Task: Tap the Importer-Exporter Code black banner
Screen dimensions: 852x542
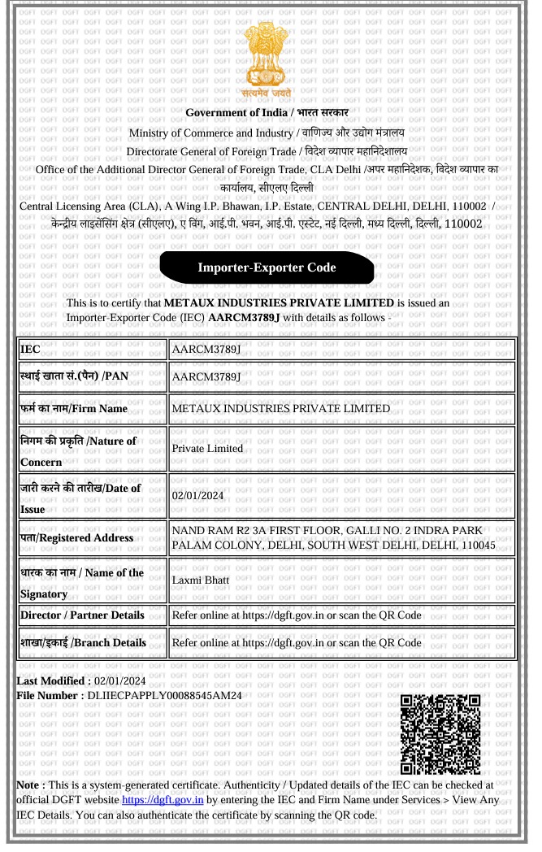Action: tap(267, 267)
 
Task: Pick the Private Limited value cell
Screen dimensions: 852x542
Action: tap(207, 448)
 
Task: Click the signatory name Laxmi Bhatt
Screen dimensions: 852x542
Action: tap(201, 580)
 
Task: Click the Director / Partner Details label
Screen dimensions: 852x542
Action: tap(81, 615)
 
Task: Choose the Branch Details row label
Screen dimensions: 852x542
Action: tap(82, 642)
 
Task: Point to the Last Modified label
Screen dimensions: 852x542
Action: tap(54, 680)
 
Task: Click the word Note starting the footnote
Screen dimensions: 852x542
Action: tap(30, 784)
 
